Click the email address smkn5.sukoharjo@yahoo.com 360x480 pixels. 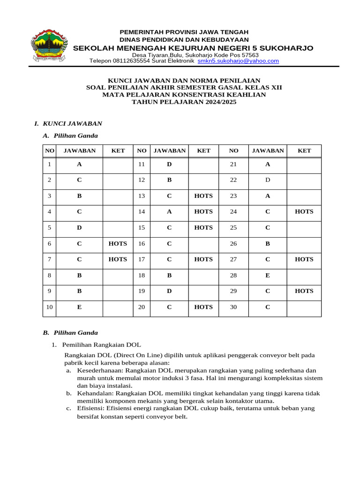tap(238, 61)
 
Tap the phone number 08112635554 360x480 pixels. tap(143, 61)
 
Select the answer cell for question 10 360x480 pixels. tap(79, 307)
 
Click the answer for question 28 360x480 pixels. tap(268, 276)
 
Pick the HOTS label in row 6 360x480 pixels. tap(118, 244)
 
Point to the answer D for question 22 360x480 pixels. tap(268, 180)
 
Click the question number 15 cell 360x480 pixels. tap(142, 228)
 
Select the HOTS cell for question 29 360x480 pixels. tap(304, 291)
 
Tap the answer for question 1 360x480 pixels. tap(79, 165)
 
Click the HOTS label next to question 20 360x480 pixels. tap(203, 307)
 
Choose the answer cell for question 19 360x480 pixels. tap(169, 291)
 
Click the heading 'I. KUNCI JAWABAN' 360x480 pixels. tap(68, 124)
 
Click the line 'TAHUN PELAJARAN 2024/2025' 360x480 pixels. tap(184, 102)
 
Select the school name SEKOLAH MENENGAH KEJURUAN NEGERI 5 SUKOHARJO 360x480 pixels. tap(194, 48)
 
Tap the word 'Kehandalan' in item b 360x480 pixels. tap(92, 393)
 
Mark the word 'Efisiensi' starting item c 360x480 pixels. tap(90, 408)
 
